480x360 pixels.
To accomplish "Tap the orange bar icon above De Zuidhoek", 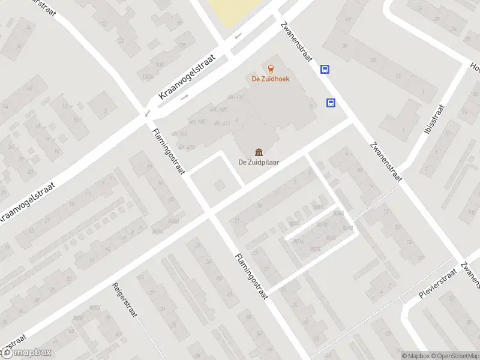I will tap(269, 68).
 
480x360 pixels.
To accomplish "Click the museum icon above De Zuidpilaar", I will tap(259, 151).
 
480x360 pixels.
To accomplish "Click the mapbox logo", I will tap(27, 352).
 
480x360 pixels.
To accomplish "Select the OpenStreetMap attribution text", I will tap(455, 356).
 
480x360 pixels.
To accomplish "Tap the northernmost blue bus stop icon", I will tap(325, 69).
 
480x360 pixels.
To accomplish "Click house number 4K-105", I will tap(196, 122).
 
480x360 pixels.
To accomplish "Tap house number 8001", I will tap(319, 208).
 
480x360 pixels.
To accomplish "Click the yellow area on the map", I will tap(236, 12).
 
